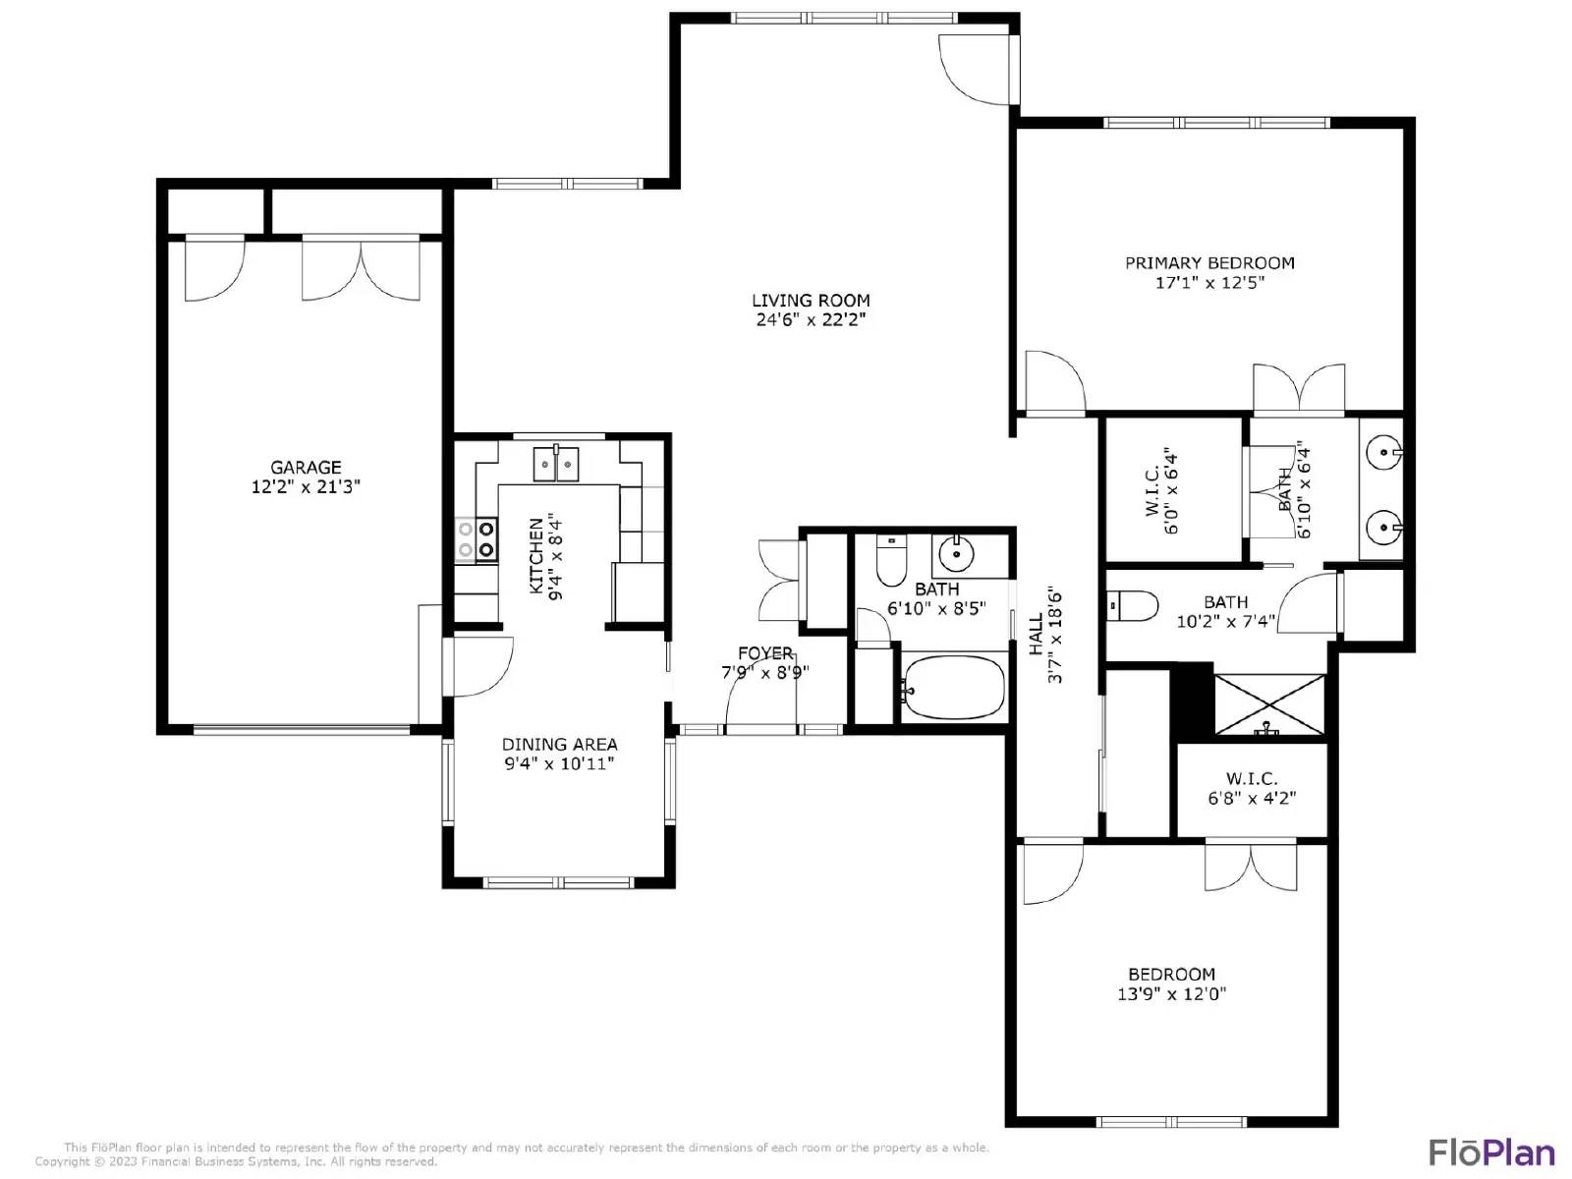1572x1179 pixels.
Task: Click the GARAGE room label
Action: pyautogui.click(x=306, y=468)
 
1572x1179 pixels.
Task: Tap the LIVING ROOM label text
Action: pyautogui.click(x=811, y=301)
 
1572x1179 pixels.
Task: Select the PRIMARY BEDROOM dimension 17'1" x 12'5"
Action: pyautogui.click(x=1209, y=283)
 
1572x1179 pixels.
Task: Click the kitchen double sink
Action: pyautogui.click(x=556, y=464)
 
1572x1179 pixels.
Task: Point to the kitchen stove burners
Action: pyautogui.click(x=477, y=539)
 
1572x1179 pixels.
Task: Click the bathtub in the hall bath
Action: pyautogui.click(x=953, y=688)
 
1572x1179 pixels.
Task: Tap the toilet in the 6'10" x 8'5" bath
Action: pyautogui.click(x=892, y=560)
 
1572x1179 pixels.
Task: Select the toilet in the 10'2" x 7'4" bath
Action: pyautogui.click(x=1132, y=606)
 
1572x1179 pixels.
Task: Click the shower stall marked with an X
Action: pyautogui.click(x=1270, y=704)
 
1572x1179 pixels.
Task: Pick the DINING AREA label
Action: pyautogui.click(x=559, y=745)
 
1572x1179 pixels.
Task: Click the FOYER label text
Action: pyautogui.click(x=765, y=652)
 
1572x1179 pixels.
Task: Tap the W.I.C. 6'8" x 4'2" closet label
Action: pyautogui.click(x=1252, y=788)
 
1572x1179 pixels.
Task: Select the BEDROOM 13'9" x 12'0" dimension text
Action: pyautogui.click(x=1172, y=993)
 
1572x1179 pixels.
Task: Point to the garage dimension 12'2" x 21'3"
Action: pyautogui.click(x=306, y=487)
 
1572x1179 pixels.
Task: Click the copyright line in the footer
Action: pyautogui.click(x=236, y=1162)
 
